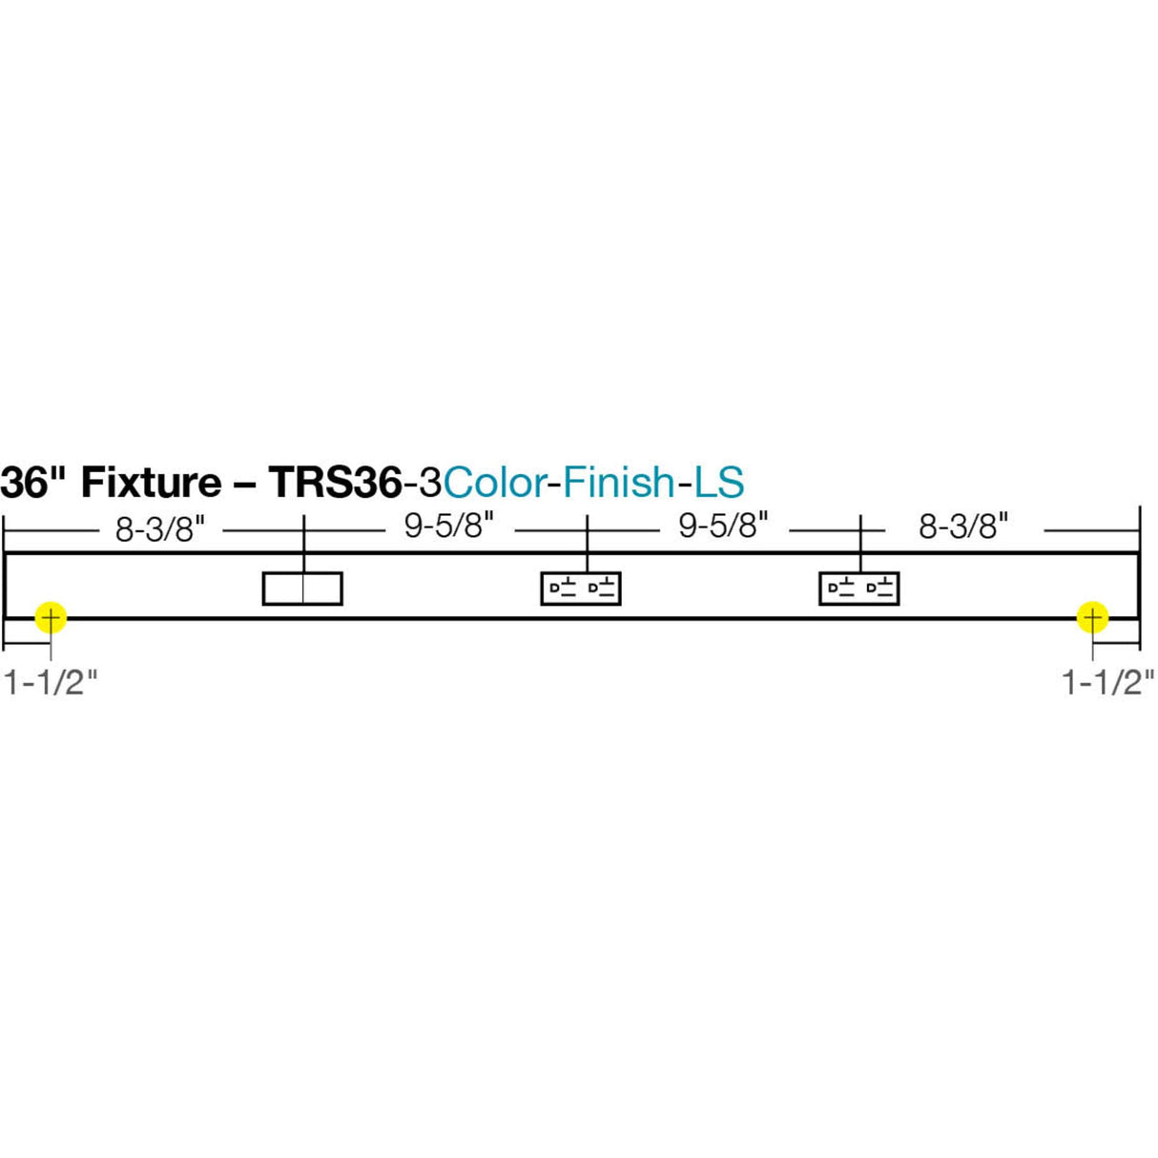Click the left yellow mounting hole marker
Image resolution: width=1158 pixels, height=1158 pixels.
pyautogui.click(x=50, y=618)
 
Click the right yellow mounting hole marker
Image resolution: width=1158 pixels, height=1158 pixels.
pyautogui.click(x=1092, y=618)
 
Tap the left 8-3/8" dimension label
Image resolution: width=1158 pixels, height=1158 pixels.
pyautogui.click(x=160, y=528)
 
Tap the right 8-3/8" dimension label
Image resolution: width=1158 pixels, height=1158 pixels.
pyautogui.click(x=963, y=527)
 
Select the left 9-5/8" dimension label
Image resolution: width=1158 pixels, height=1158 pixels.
pyautogui.click(x=449, y=526)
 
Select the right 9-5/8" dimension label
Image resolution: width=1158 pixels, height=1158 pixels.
pyautogui.click(x=723, y=526)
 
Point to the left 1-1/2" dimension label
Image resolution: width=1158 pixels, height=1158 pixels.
pyautogui.click(x=52, y=682)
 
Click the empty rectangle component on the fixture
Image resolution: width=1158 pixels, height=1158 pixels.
pyautogui.click(x=302, y=589)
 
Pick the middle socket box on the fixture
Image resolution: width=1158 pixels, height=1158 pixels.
pyautogui.click(x=581, y=589)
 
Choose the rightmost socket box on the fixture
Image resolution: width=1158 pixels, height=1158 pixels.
pyautogui.click(x=859, y=589)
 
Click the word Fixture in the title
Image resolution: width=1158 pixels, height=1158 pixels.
pyautogui.click(x=151, y=483)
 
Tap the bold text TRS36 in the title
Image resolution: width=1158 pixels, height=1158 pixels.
pyautogui.click(x=332, y=483)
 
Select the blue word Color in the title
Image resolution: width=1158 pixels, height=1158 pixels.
pyautogui.click(x=494, y=483)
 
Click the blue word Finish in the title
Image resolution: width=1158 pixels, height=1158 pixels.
pyautogui.click(x=618, y=483)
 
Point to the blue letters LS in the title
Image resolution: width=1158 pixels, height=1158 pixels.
pyautogui.click(x=718, y=483)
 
